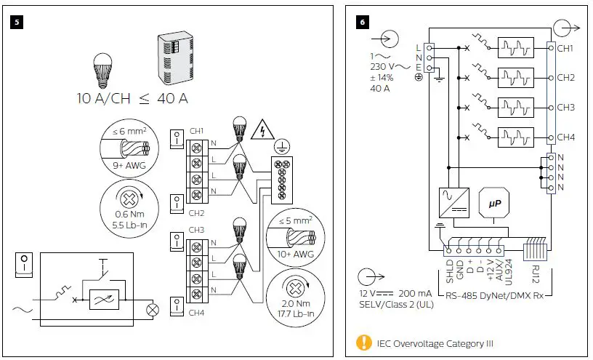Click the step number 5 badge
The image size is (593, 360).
point(17,22)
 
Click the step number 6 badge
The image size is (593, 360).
point(361,22)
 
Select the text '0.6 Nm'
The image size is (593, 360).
point(111,215)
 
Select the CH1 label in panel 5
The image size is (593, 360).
point(196,131)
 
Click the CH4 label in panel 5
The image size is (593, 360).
point(196,313)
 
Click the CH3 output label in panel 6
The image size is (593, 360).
point(565,107)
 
